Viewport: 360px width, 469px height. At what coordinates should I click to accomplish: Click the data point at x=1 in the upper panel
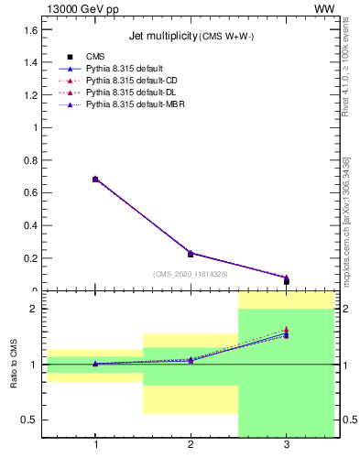(x=95, y=180)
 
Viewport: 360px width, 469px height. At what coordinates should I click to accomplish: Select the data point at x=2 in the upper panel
(x=191, y=254)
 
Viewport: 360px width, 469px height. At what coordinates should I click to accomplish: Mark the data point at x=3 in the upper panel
(x=287, y=280)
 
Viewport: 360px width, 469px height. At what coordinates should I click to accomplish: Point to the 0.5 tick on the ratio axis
(x=30, y=420)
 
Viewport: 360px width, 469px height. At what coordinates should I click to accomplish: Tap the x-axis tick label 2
(x=191, y=445)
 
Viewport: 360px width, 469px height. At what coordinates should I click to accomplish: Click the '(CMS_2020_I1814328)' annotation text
(x=191, y=274)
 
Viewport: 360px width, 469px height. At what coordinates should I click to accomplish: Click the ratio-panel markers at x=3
(x=287, y=333)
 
